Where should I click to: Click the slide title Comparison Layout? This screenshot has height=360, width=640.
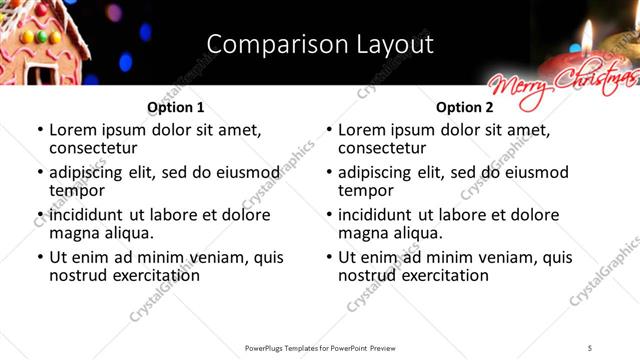[x=320, y=45]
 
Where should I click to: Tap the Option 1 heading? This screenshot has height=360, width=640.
[x=176, y=107]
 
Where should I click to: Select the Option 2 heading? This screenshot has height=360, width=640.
[x=465, y=107]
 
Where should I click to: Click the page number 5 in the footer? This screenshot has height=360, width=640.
[x=590, y=348]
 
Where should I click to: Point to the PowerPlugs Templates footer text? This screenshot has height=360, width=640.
[x=319, y=348]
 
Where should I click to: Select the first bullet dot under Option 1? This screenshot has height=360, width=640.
[x=40, y=130]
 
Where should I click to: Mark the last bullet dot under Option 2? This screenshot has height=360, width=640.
[x=329, y=257]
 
